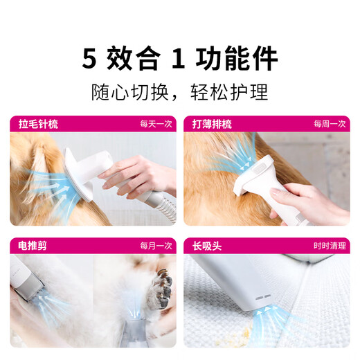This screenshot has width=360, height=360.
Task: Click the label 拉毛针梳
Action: click(x=38, y=124)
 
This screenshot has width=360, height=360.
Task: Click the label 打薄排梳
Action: click(x=212, y=124)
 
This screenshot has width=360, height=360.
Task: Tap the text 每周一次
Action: click(x=330, y=124)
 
